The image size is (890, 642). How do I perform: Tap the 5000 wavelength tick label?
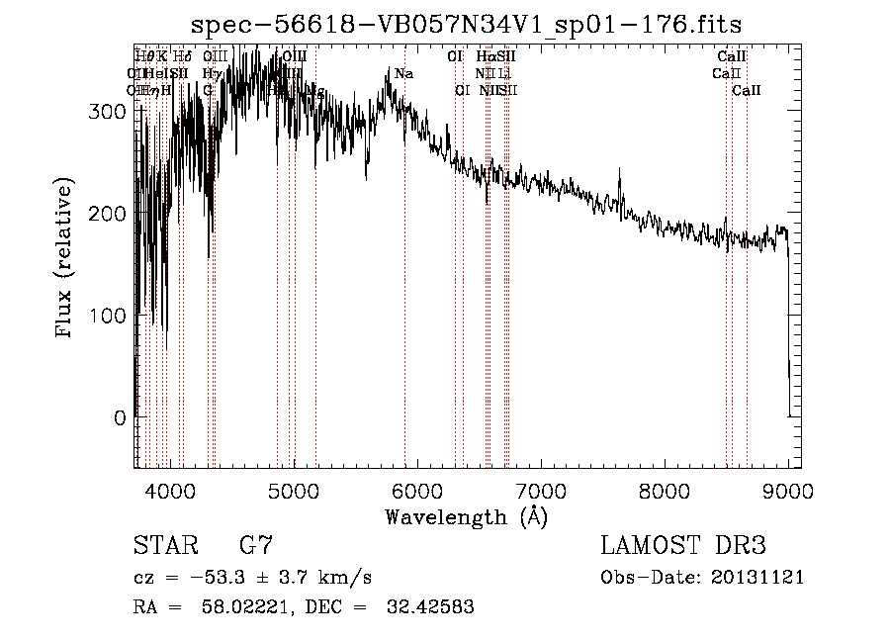point(293,488)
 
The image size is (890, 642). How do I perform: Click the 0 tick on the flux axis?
point(119,418)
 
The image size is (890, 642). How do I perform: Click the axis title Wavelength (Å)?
point(466,516)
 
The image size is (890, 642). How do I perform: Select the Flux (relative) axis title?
point(66,259)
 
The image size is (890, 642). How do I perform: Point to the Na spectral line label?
point(403,74)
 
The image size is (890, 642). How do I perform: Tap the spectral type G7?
point(255,546)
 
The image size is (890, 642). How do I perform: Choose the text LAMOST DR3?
point(683,546)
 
